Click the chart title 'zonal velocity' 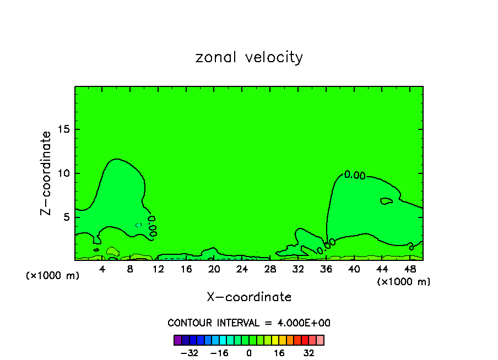pos(249,57)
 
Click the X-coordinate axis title pos(249,297)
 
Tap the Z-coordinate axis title pos(46,173)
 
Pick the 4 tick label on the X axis pos(102,269)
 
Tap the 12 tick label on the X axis pos(158,269)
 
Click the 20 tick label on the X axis pos(214,269)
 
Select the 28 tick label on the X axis pos(270,269)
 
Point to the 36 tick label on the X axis pos(326,269)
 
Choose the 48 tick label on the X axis pos(410,269)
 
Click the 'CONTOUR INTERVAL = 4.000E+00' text pos(249,323)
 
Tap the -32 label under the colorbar pos(190,353)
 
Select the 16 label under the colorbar pos(279,353)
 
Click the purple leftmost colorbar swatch pos(178,340)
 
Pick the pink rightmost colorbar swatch pos(320,340)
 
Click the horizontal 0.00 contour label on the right pos(355,175)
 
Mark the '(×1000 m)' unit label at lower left pos(53,276)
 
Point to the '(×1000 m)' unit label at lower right pos(404,281)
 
